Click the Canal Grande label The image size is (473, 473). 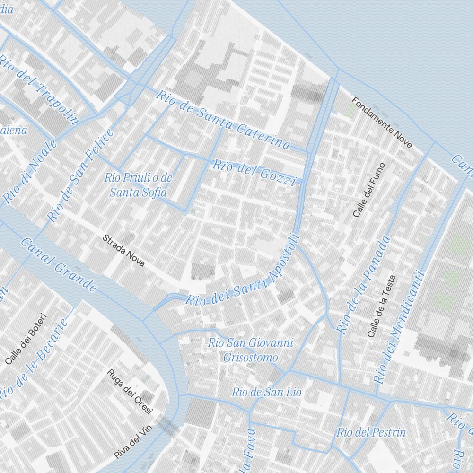[59, 264]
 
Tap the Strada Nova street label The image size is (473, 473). [124, 250]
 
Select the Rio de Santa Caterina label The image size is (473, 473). [223, 120]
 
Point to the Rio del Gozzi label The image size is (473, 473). [254, 173]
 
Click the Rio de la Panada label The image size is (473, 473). [364, 285]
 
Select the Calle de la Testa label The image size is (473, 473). [381, 307]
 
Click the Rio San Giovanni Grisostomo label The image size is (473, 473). [251, 350]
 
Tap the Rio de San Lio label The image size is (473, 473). [266, 392]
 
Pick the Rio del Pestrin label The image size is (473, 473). [371, 432]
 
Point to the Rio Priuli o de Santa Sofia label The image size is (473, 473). [138, 185]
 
